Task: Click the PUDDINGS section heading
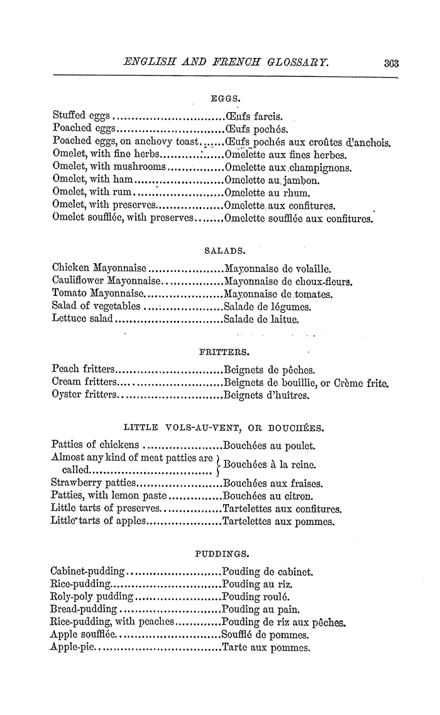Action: click(x=220, y=553)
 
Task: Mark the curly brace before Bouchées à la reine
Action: click(x=217, y=464)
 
